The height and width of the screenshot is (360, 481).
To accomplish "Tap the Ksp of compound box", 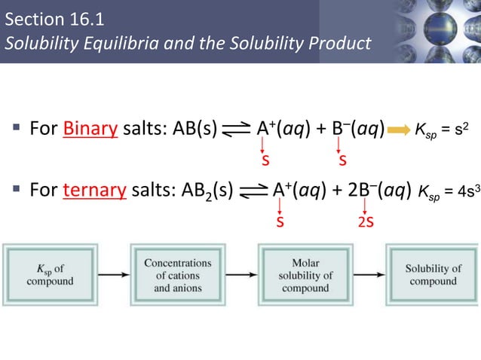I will pos(51,275).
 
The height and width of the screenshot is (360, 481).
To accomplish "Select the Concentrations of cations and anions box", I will pos(177,275).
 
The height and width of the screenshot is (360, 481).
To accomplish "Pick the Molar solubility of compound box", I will pos(305,275).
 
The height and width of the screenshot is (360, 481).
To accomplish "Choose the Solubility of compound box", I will pos(433,275).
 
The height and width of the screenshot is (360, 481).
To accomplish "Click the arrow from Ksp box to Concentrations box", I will pos(113,275).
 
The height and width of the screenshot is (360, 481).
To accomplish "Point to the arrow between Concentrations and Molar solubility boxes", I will pos(241,275).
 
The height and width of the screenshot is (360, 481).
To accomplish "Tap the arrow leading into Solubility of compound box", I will pos(369,275).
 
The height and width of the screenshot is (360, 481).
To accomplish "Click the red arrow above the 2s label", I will pos(365,206).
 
